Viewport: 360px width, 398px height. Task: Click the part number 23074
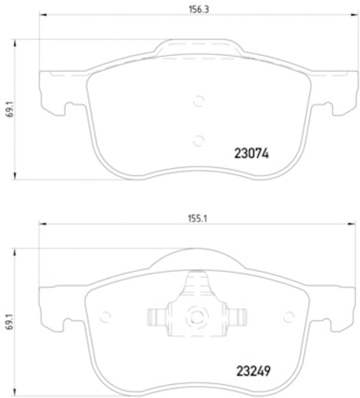click(x=251, y=154)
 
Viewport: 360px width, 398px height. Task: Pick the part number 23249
click(x=251, y=371)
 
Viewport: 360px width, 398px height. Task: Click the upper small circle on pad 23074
click(x=198, y=101)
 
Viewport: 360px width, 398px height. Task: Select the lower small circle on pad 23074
click(x=198, y=140)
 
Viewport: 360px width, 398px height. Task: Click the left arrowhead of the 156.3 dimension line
click(x=42, y=15)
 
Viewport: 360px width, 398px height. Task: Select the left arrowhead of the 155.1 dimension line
click(x=42, y=224)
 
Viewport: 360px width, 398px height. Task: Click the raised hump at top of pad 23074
click(x=198, y=46)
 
